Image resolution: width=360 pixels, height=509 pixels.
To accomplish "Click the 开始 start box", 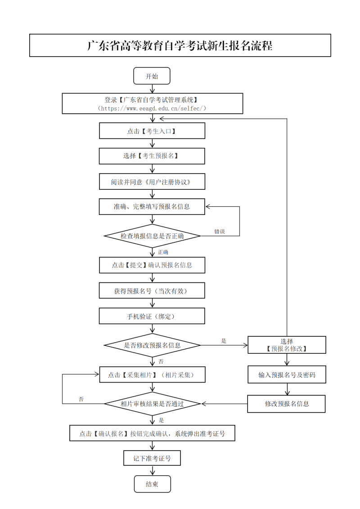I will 152,76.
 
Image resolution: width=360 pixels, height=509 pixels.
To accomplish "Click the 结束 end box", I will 152,484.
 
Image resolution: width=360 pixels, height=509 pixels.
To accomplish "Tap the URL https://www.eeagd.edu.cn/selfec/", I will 152,108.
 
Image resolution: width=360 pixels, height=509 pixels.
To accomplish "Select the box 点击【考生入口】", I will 152,131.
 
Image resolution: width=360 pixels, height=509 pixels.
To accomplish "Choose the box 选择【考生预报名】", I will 152,156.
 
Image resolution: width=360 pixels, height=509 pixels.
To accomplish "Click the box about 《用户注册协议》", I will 152,182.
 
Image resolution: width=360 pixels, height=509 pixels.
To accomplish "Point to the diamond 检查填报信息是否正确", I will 152,236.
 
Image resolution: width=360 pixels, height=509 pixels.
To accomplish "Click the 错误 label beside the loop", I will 220,232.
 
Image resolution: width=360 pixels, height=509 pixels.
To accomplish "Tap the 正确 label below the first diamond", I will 163,252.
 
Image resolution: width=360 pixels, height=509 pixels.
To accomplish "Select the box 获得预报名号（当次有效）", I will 152,290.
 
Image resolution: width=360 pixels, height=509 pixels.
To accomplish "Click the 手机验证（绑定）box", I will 152,316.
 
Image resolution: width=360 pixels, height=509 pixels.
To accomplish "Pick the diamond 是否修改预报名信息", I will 152,345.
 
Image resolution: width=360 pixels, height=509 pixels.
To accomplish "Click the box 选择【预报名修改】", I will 287,345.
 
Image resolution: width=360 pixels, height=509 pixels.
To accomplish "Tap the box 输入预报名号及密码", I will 287,375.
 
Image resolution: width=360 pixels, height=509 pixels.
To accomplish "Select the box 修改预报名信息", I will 287,403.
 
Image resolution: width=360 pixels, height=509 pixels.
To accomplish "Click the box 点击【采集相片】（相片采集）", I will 152,375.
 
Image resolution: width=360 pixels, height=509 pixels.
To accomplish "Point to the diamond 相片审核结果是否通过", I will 152,404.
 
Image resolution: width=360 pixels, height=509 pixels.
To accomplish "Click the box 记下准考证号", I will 152,458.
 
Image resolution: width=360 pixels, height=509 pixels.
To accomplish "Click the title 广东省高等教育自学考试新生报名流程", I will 180,45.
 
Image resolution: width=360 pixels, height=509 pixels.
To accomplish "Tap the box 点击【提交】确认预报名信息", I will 152,265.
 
